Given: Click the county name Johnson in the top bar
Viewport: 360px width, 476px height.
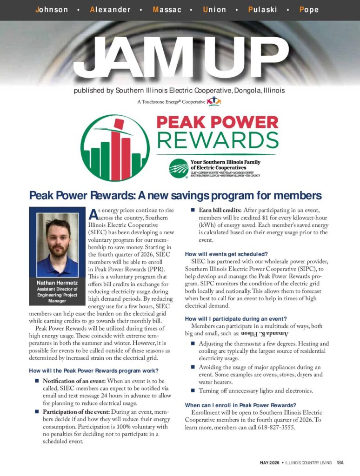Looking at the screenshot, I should click(52, 10).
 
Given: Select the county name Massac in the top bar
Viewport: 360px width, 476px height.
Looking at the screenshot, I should click(167, 10).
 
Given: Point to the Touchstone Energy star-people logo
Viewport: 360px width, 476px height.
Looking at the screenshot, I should click(213, 101).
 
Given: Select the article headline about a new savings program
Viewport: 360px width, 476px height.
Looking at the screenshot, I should click(175, 195).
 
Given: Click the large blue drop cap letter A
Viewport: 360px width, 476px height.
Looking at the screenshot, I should click(93, 214).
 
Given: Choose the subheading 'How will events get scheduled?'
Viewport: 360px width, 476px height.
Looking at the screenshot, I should click(226, 254).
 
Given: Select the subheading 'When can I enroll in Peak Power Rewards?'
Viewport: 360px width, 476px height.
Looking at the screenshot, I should click(240, 405).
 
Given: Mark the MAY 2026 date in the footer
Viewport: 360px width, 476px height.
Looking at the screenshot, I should click(269, 463).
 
